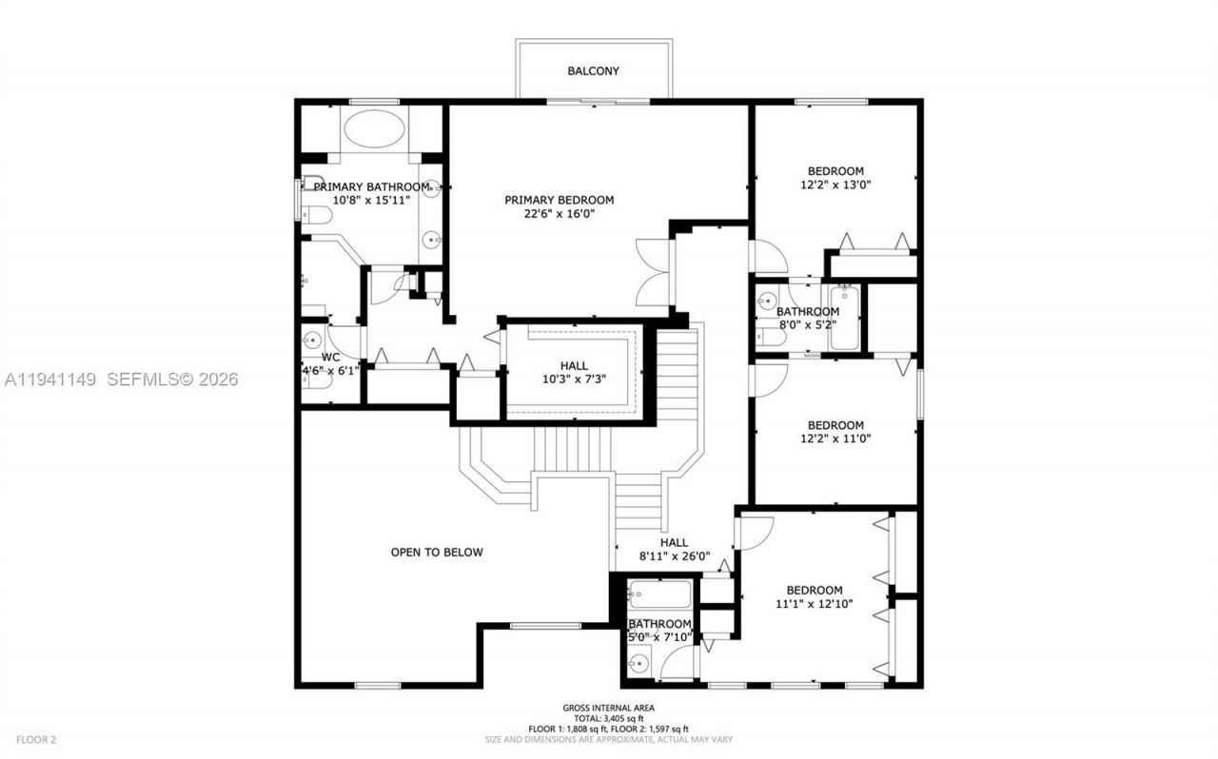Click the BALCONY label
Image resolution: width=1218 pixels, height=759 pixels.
[593, 71]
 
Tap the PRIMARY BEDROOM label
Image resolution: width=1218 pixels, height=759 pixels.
[559, 200]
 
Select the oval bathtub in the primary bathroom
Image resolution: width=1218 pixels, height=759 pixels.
[375, 129]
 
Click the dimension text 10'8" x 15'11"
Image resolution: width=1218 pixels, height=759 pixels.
[371, 201]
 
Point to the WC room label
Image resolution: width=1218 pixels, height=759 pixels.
[330, 358]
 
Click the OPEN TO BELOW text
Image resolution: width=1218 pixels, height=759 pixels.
[437, 552]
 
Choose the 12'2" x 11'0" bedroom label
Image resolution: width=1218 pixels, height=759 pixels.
[835, 432]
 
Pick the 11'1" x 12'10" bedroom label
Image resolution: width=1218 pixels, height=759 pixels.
[815, 596]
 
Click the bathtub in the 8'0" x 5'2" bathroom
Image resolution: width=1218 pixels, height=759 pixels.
[844, 317]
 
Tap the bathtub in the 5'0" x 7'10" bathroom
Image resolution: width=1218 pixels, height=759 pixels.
[659, 596]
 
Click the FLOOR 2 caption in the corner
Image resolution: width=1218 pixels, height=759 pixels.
[36, 739]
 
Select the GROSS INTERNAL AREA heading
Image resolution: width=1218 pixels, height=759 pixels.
[608, 708]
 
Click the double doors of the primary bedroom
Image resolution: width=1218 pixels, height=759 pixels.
[655, 272]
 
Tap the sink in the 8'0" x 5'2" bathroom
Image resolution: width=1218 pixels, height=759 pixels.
[768, 303]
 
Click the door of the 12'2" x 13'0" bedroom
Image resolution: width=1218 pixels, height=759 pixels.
[768, 258]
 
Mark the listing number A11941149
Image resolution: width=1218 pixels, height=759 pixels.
[50, 379]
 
